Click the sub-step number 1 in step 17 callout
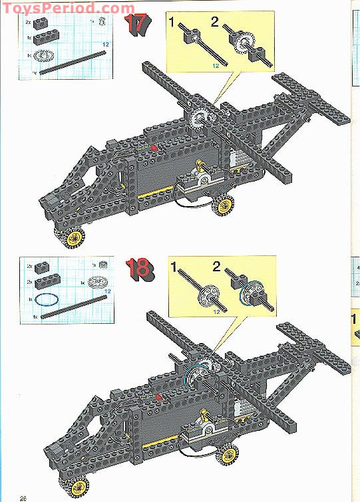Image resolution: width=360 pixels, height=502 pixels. (172, 24)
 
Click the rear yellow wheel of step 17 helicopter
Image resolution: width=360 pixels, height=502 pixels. (224, 207)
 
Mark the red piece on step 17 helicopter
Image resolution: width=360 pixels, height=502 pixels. (154, 146)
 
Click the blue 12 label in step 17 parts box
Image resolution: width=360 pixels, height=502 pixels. (105, 44)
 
